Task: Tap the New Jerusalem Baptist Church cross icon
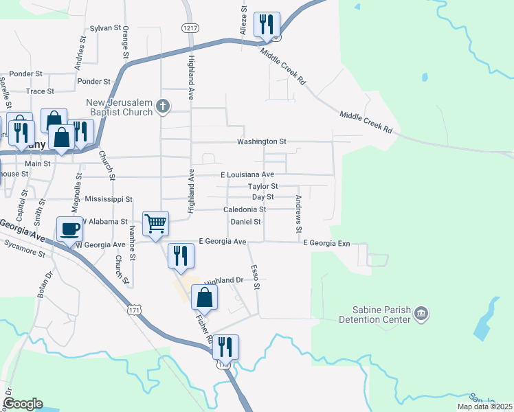tap(163, 105)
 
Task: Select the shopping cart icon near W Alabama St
tap(156, 223)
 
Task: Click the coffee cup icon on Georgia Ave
tap(69, 229)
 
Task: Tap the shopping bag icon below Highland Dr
tap(204, 298)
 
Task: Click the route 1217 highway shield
tap(190, 28)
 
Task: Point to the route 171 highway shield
tap(135, 311)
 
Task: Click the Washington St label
tap(261, 141)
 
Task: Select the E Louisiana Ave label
tap(247, 175)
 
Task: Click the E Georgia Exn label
tap(328, 243)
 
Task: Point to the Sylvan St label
tap(105, 29)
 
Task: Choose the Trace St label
tap(40, 91)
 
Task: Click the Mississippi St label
tap(109, 199)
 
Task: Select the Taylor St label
tap(262, 186)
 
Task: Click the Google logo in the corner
tap(23, 404)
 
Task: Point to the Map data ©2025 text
tap(484, 407)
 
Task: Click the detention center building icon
tap(422, 314)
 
